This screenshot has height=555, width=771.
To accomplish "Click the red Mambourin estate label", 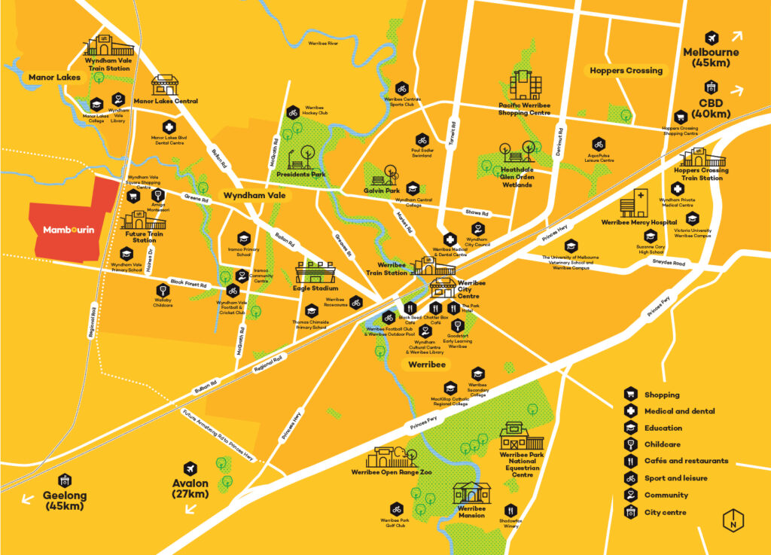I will (x=69, y=230).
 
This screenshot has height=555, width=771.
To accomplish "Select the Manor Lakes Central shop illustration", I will (x=166, y=84).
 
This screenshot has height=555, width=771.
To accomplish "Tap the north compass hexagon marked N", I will (x=730, y=520).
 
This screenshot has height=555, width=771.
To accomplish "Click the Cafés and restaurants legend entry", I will (x=686, y=461).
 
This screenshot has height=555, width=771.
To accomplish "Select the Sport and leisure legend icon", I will (x=630, y=478).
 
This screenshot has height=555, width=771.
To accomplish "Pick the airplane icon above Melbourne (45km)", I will (x=711, y=37).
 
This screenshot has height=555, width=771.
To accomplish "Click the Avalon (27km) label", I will (x=189, y=489).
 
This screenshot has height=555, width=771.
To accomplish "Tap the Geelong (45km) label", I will (x=65, y=501).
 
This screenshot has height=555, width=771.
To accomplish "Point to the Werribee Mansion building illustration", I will (x=471, y=492).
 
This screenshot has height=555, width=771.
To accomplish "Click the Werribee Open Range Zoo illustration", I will (x=391, y=457).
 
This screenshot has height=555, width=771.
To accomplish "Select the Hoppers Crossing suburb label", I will (x=625, y=71).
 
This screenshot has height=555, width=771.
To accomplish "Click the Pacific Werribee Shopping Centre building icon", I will (x=525, y=84).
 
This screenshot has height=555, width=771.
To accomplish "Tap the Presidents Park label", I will (x=300, y=174).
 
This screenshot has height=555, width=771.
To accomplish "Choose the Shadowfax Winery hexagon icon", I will (x=511, y=510).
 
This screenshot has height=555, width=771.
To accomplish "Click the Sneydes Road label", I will (x=669, y=264).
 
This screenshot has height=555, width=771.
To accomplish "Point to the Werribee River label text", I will (x=323, y=43).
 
